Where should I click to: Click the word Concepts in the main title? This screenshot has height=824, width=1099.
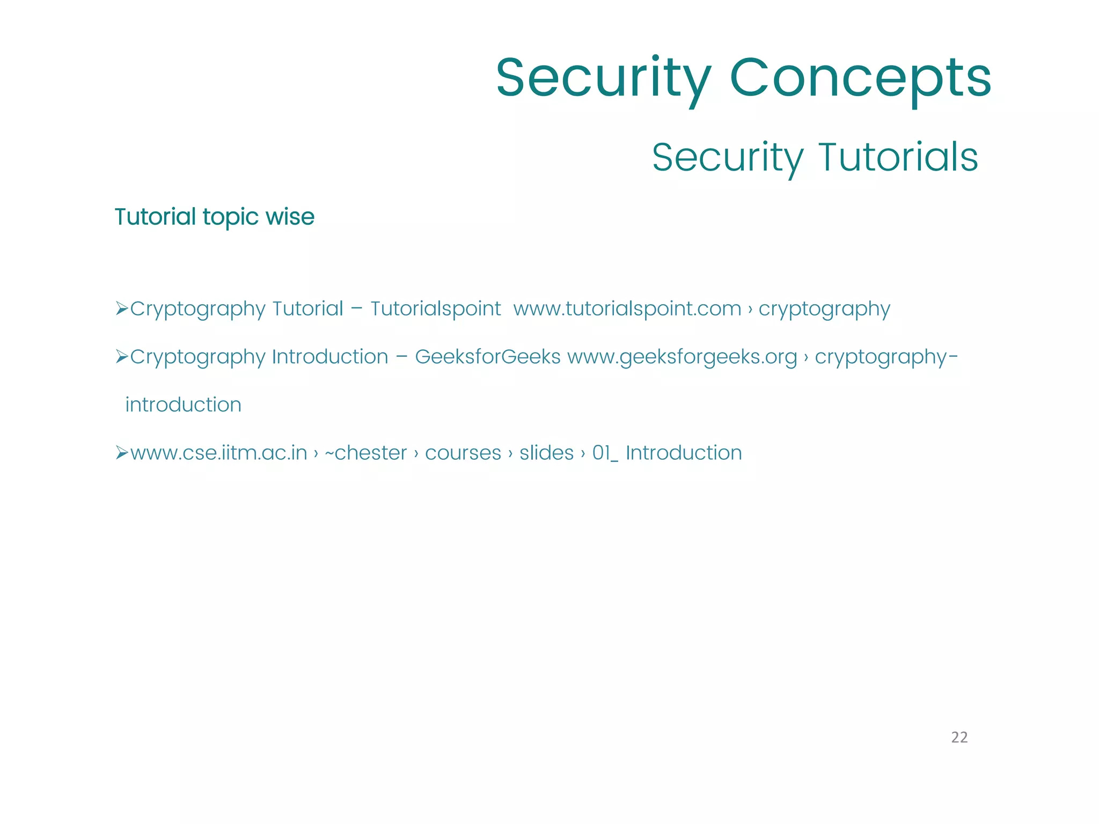click(x=860, y=79)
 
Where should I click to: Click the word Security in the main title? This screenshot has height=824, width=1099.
click(x=604, y=79)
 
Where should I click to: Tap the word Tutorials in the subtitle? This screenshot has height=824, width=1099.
click(x=898, y=157)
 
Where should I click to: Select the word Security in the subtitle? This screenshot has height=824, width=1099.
click(x=728, y=157)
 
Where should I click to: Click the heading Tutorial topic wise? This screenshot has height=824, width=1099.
click(x=215, y=217)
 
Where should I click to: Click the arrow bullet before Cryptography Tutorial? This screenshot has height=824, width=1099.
click(x=122, y=308)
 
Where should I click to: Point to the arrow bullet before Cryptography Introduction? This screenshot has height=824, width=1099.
click(x=122, y=356)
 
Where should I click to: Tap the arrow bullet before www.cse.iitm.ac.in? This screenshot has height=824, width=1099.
click(x=122, y=453)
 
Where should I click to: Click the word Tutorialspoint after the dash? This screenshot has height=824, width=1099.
click(x=435, y=308)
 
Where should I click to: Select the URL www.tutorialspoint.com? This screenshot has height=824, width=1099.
click(x=627, y=308)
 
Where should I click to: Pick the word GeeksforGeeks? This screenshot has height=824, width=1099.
click(x=487, y=356)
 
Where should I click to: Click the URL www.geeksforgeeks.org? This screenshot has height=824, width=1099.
click(x=682, y=356)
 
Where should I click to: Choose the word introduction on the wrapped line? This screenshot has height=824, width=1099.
click(x=183, y=404)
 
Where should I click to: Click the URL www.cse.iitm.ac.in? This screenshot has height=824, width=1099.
click(x=218, y=453)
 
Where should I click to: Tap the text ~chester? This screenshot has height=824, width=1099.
click(x=366, y=453)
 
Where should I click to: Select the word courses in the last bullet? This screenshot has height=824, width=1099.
click(x=463, y=453)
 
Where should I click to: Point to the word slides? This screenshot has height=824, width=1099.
click(x=546, y=453)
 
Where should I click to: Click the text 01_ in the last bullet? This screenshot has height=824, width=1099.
click(x=605, y=453)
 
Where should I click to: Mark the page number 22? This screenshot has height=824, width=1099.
click(x=959, y=737)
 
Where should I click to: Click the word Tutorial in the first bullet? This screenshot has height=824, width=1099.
click(x=307, y=308)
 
